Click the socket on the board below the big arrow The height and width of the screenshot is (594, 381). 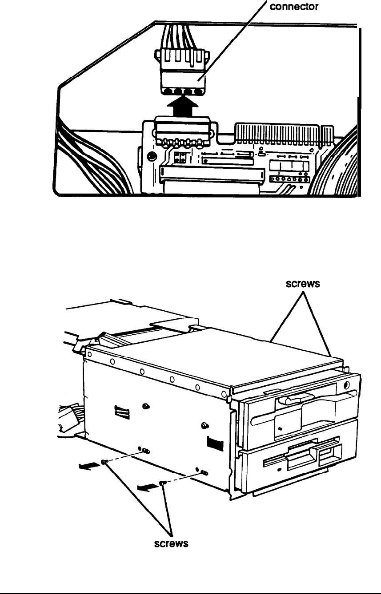182,131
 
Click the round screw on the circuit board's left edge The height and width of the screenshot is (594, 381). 152,156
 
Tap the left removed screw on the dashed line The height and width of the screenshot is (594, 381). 104,463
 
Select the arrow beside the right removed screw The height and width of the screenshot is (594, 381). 146,487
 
